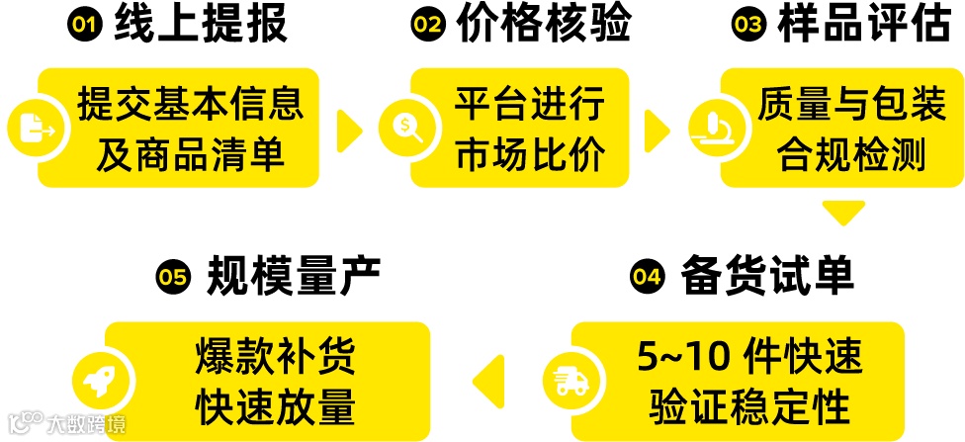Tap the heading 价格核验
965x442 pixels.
coord(544,26)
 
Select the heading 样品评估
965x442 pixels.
coord(851,26)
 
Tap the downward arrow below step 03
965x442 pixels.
coord(843,212)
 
